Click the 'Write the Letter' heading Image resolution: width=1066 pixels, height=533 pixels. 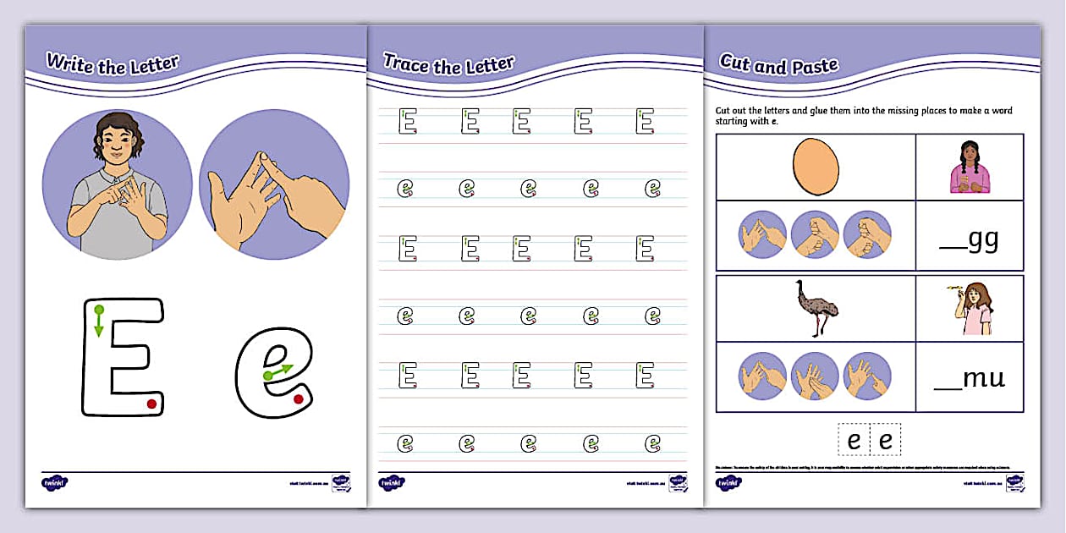point(112,63)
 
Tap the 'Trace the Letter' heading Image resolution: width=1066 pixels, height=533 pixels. point(448,63)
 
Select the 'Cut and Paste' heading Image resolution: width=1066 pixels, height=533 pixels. point(778,64)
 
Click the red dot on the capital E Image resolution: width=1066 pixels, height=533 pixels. point(151,404)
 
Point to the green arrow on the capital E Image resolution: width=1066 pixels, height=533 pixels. point(99,321)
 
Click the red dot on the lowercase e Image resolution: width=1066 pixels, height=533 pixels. point(298,399)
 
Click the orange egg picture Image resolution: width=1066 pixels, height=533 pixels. point(816,166)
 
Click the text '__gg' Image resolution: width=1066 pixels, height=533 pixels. point(970,240)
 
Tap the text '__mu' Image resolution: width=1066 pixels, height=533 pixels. point(970,378)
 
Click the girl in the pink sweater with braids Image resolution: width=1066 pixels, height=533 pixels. point(969,167)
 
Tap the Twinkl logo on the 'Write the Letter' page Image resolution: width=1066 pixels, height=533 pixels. point(54,483)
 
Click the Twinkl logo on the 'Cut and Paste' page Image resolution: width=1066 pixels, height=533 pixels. point(729,483)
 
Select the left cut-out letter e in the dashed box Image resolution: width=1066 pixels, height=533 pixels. point(854,441)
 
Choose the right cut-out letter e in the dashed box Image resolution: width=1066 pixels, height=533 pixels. point(886,441)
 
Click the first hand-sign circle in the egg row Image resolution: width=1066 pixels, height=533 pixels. point(763,234)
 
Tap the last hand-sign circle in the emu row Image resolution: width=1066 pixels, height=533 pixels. point(867,376)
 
